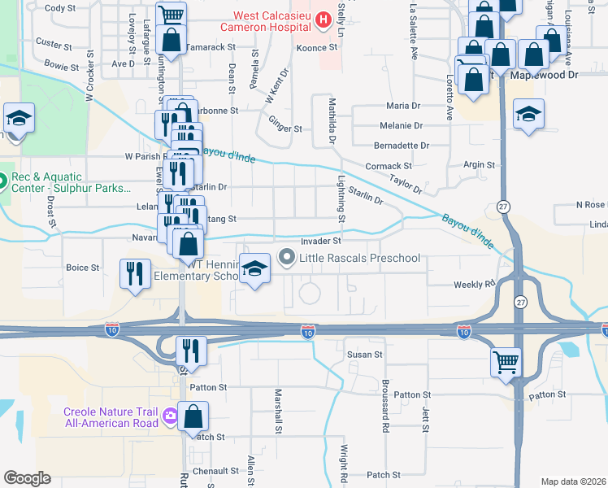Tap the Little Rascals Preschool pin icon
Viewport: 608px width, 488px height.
point(286,259)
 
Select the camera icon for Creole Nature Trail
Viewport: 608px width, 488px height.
point(170,416)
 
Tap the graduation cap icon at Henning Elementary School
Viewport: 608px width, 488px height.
point(254,270)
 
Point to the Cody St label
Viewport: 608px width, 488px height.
point(60,8)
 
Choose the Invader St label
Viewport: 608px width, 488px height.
point(319,241)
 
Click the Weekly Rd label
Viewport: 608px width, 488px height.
point(474,285)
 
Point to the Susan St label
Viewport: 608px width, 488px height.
point(364,355)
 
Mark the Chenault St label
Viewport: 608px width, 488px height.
point(215,470)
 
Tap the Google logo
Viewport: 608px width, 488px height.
point(27,478)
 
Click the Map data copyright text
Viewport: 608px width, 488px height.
point(573,481)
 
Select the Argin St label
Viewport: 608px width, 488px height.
point(479,165)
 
